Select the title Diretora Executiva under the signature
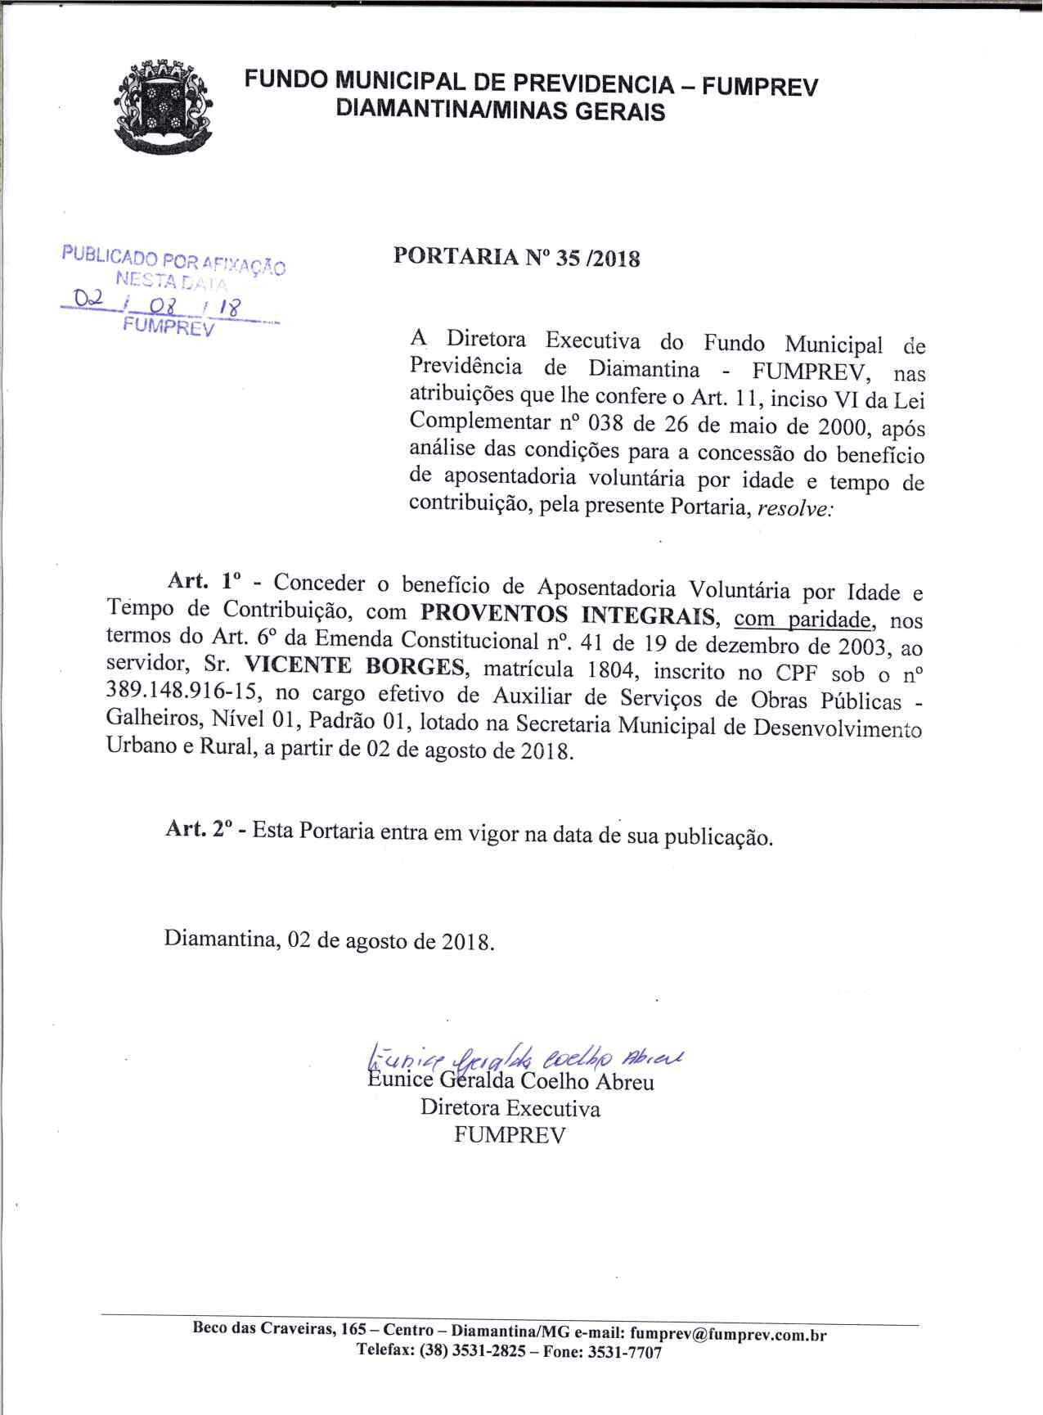[x=510, y=1109]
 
